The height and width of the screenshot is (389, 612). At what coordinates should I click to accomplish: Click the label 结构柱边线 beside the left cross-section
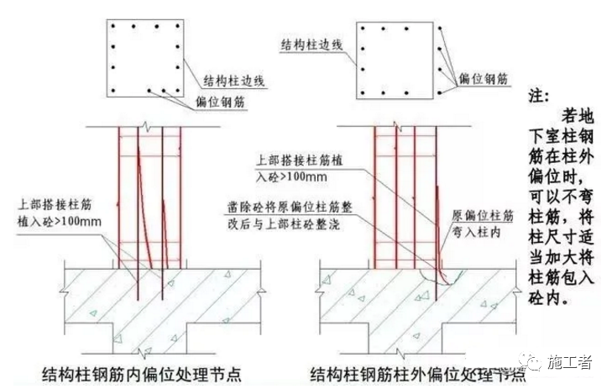tap(234, 81)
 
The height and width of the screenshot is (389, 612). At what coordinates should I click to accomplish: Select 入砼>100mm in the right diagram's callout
tap(292, 177)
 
